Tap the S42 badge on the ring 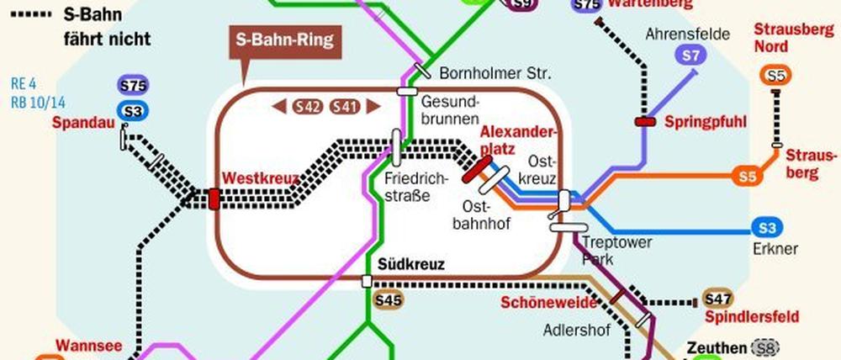click(x=307, y=106)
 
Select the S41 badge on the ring click(x=346, y=106)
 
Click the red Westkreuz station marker click(x=214, y=199)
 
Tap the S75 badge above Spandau click(x=133, y=86)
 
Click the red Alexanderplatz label click(x=519, y=140)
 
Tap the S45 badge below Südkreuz click(x=389, y=299)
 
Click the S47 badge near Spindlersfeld click(x=717, y=299)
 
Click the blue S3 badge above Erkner click(x=767, y=228)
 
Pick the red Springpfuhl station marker click(x=646, y=122)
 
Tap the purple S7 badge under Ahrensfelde click(x=690, y=56)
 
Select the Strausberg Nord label click(x=783, y=37)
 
